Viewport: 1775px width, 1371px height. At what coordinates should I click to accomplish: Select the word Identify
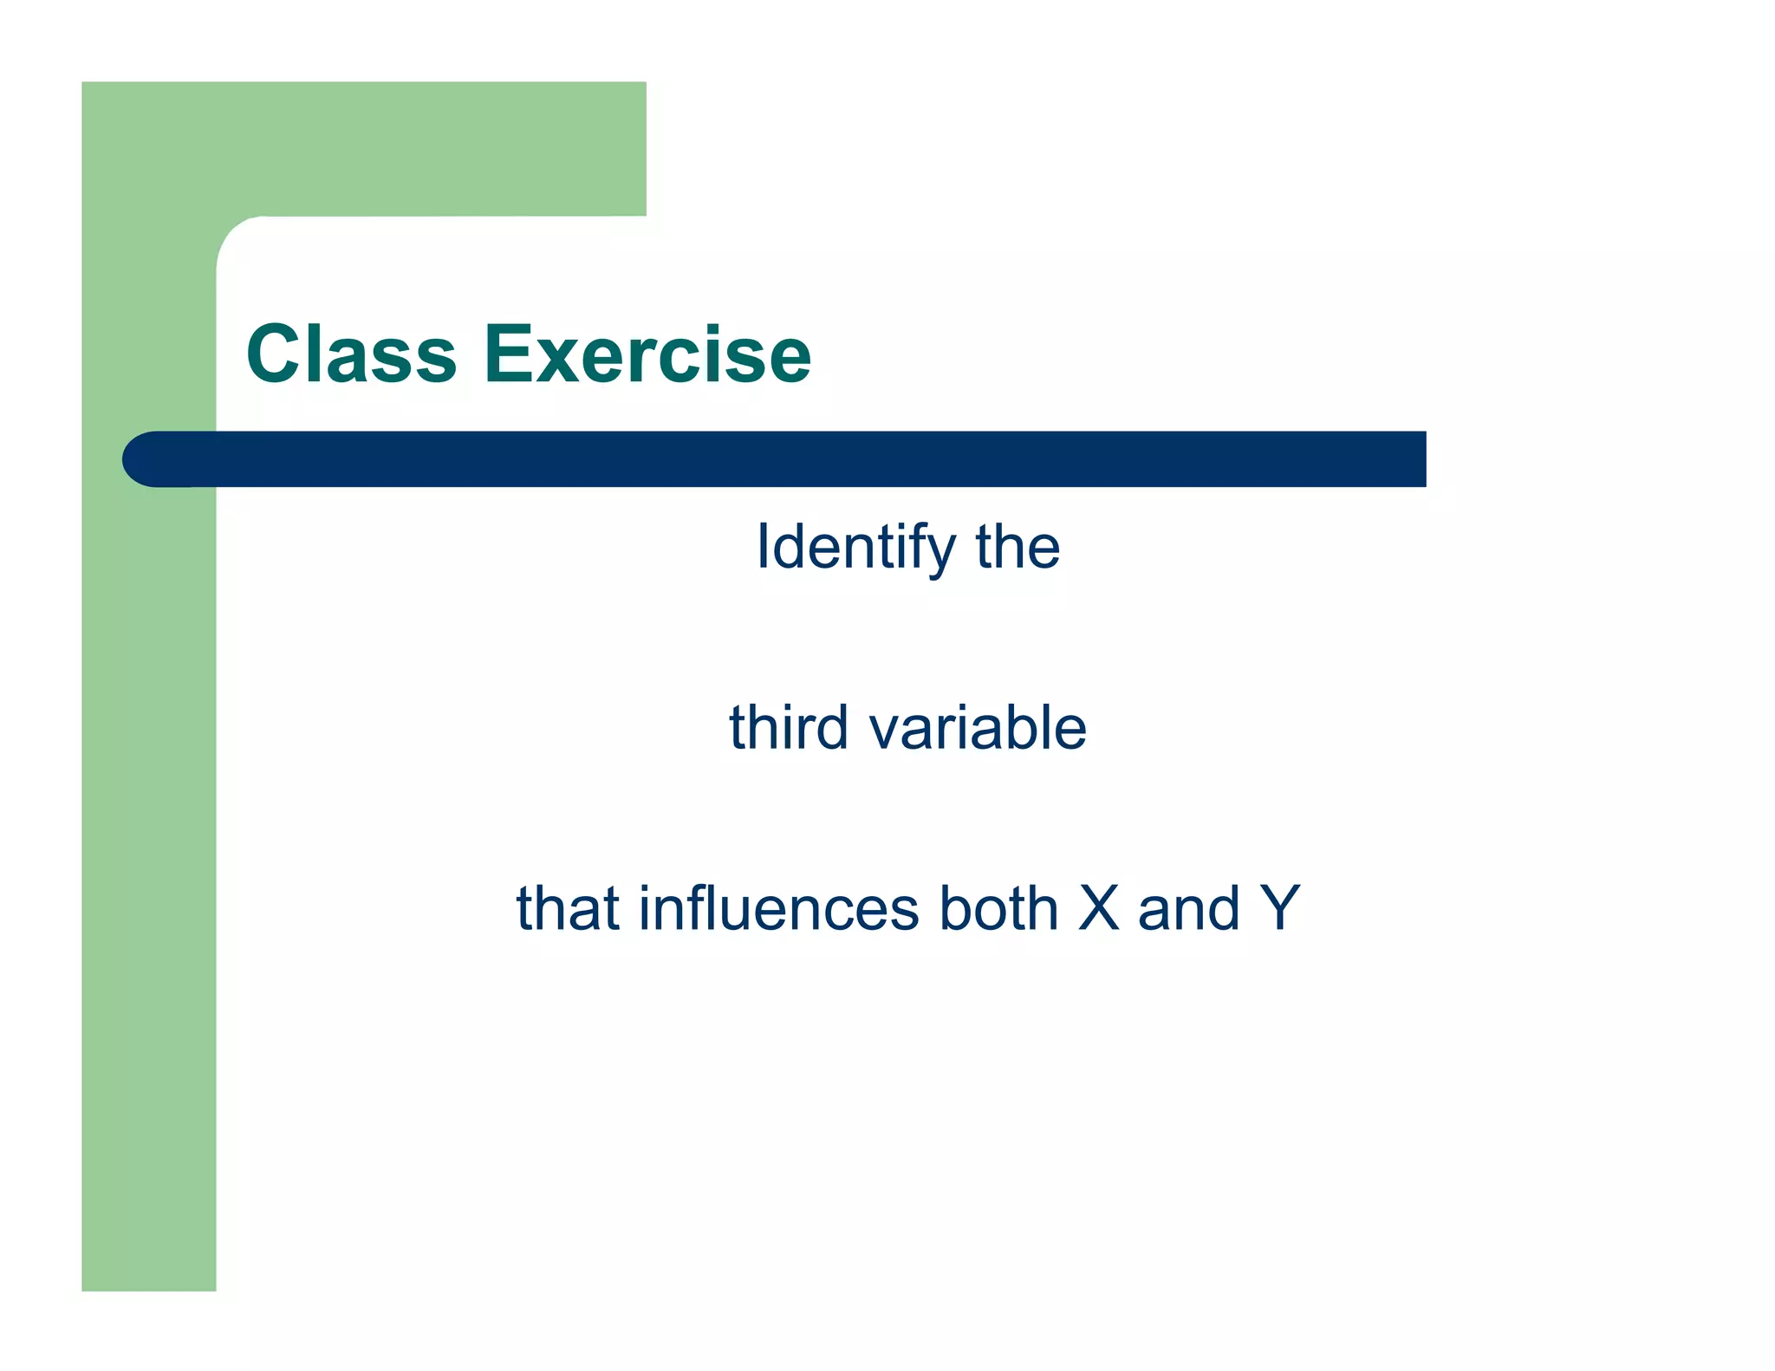click(855, 548)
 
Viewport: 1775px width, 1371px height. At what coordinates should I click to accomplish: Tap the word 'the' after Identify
click(1018, 548)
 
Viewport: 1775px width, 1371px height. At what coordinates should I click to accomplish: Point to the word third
click(788, 727)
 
